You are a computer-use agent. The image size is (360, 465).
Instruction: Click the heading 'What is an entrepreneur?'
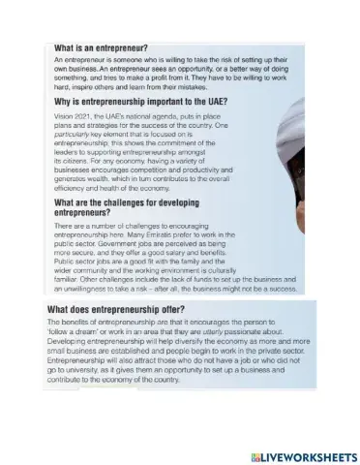(x=99, y=46)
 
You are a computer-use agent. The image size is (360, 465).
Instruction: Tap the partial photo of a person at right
(x=329, y=174)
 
